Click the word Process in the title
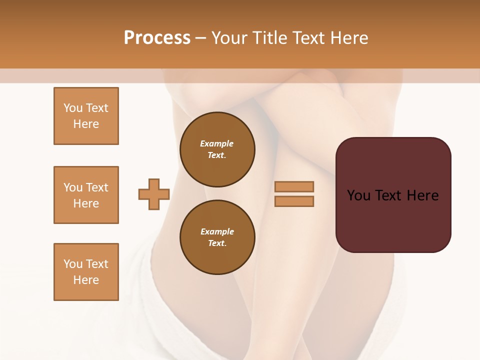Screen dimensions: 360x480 (157, 38)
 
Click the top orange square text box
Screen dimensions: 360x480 (86, 116)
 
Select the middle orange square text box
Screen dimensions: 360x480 (86, 195)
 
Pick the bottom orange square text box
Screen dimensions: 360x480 (86, 272)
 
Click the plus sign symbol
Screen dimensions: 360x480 (154, 194)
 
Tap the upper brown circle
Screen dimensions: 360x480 (217, 149)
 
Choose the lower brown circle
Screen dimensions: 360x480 (217, 237)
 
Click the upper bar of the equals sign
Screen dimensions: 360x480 (294, 186)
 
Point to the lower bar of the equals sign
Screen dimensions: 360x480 (294, 201)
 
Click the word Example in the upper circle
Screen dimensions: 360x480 (216, 143)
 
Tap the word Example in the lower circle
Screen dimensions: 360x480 (217, 231)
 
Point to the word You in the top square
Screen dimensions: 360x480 (72, 108)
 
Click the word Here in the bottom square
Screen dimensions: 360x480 (86, 280)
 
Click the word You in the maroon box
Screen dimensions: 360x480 (358, 195)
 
